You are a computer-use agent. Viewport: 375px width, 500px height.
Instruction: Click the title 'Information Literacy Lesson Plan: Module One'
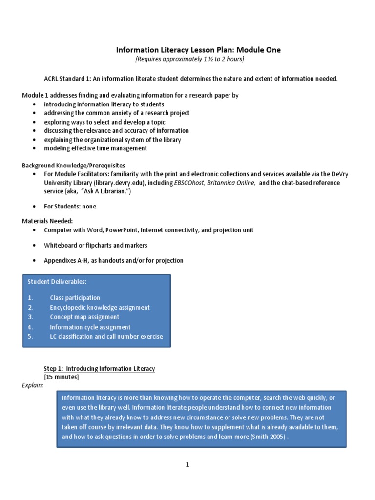tap(198, 50)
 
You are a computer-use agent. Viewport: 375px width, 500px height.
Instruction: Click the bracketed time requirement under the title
tap(189, 59)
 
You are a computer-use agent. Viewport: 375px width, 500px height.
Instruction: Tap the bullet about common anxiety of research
tap(117, 113)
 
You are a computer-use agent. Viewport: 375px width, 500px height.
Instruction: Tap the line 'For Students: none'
tap(70, 207)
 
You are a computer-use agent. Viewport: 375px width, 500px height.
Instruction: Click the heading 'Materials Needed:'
tap(47, 221)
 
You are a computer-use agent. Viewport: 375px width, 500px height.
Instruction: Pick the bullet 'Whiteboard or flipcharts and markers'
tap(95, 245)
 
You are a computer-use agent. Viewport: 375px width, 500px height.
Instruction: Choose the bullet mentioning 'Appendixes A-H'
tap(113, 261)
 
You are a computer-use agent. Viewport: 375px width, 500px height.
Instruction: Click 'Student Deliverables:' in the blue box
tap(57, 282)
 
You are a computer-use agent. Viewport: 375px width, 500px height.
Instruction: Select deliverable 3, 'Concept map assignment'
tap(84, 317)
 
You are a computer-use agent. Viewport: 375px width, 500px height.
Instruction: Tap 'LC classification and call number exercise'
tap(106, 337)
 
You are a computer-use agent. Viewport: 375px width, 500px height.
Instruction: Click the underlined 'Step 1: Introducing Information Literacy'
tap(99, 369)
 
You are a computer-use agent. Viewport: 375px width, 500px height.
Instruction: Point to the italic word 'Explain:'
tap(33, 385)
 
